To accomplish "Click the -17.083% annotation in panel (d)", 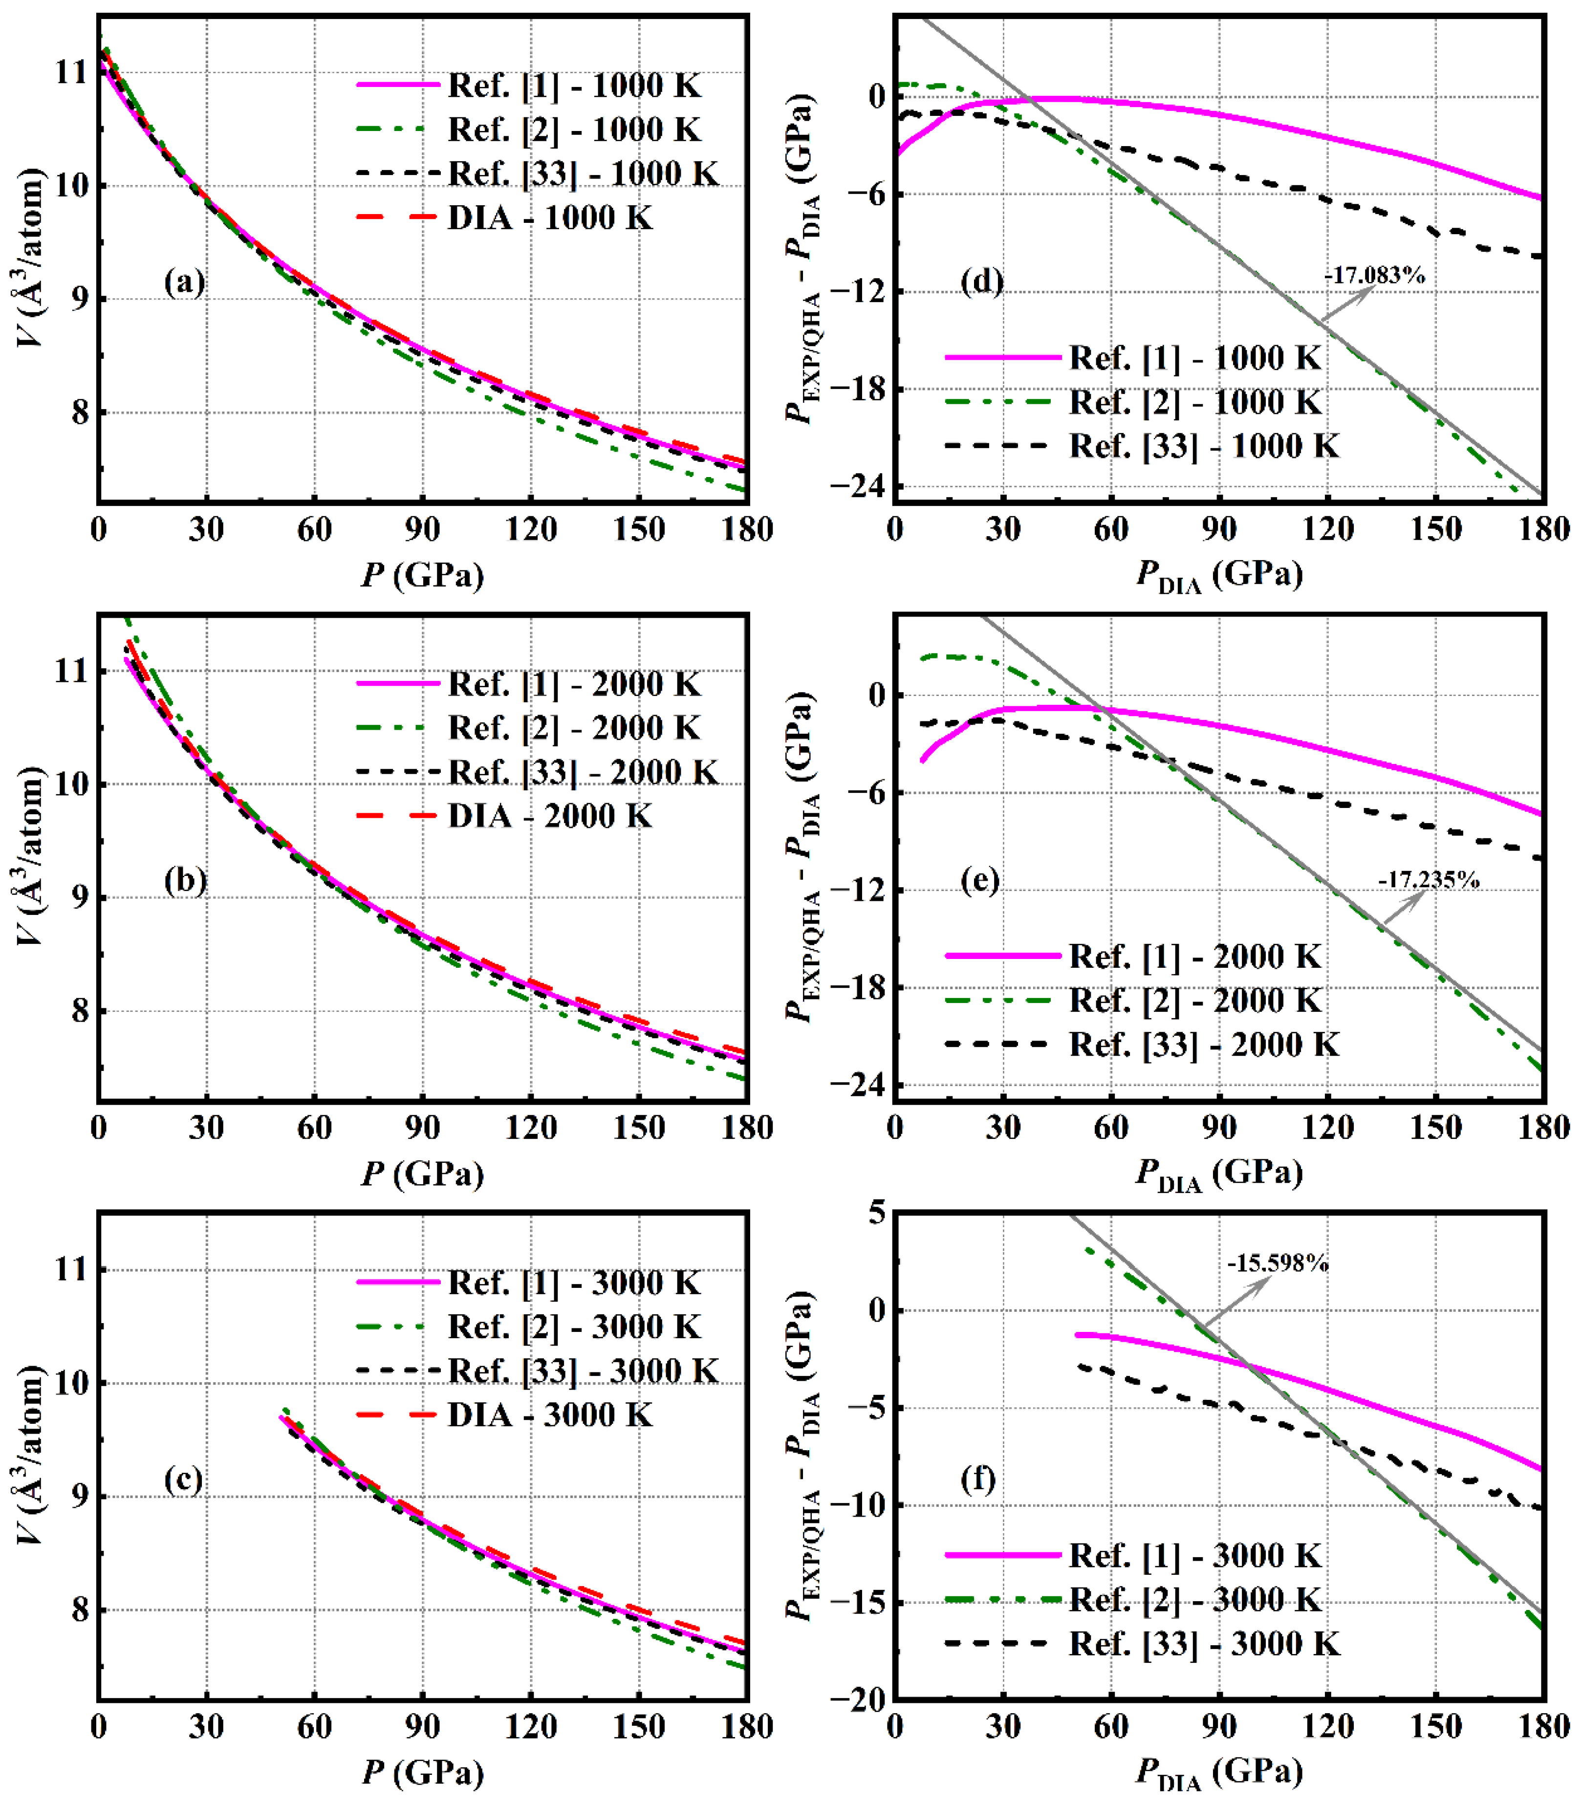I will click(x=1375, y=275).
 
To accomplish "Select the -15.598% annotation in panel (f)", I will click(x=1278, y=1263).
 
